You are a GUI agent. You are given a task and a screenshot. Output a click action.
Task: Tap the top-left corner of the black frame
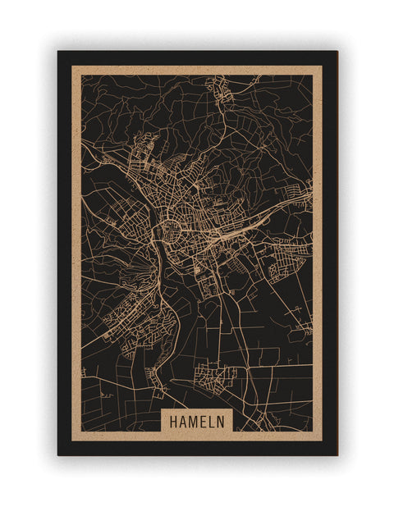tap(58, 52)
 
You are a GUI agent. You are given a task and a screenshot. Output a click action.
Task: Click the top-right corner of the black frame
tap(337, 52)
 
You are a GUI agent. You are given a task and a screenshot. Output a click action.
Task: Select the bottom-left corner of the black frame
tap(58, 454)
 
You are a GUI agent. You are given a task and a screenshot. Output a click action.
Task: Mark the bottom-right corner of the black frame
tap(337, 454)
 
